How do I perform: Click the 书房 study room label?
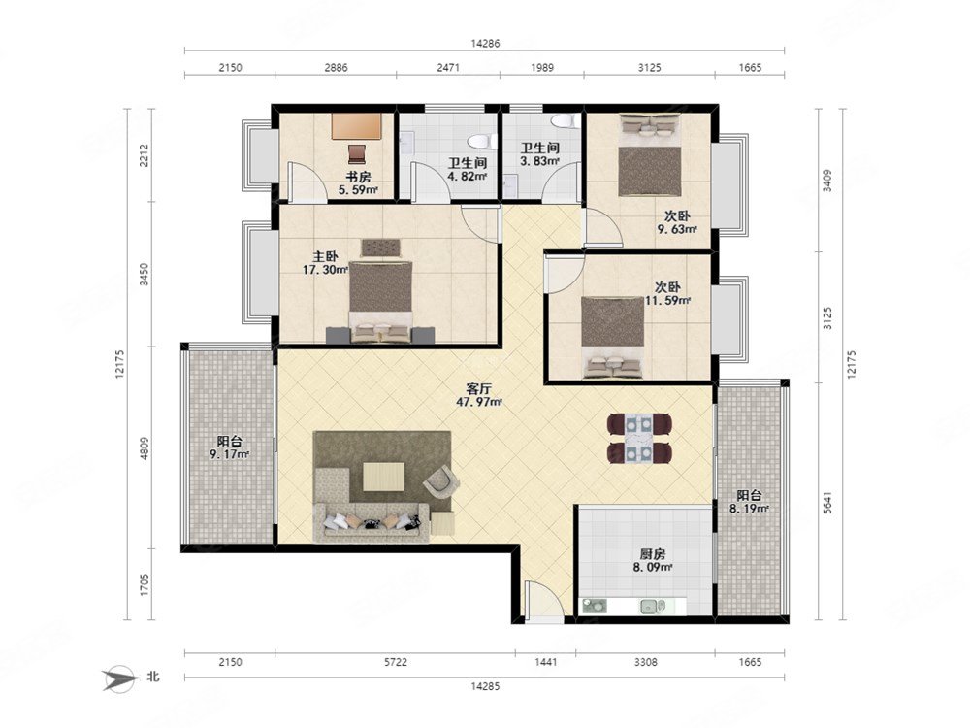pyautogui.click(x=358, y=177)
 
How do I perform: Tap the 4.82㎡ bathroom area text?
pyautogui.click(x=468, y=176)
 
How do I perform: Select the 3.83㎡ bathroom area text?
pyautogui.click(x=540, y=161)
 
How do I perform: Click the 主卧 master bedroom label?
pyautogui.click(x=325, y=256)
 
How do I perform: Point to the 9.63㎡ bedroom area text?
pyautogui.click(x=677, y=229)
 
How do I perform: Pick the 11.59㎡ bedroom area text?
pyautogui.click(x=668, y=300)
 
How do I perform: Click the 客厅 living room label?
pyautogui.click(x=478, y=389)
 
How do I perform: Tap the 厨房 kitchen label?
pyautogui.click(x=653, y=554)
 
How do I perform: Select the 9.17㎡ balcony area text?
pyautogui.click(x=230, y=455)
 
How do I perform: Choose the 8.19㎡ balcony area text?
pyautogui.click(x=749, y=509)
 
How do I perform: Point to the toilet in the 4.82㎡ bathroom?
pyautogui.click(x=480, y=141)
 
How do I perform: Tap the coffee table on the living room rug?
pyautogui.click(x=383, y=476)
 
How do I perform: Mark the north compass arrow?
pyautogui.click(x=120, y=678)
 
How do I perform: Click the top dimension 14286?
pyautogui.click(x=485, y=44)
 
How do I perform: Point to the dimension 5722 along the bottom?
pyautogui.click(x=396, y=662)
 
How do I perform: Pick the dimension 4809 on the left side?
pyautogui.click(x=145, y=448)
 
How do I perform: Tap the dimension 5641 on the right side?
pyautogui.click(x=827, y=503)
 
